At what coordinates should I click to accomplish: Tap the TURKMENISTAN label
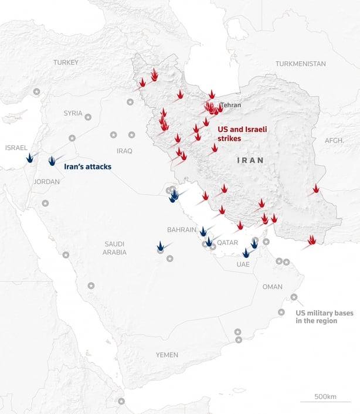(300, 63)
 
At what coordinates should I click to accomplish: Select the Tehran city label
(230, 106)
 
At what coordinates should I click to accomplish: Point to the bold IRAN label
(250, 160)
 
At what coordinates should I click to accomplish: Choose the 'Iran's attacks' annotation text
(87, 167)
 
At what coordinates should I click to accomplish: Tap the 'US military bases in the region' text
(324, 317)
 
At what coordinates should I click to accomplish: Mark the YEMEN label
(167, 355)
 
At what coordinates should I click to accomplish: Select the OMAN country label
(272, 287)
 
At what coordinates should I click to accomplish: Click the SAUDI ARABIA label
(115, 248)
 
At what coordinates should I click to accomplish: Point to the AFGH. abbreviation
(334, 141)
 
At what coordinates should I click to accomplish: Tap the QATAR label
(227, 242)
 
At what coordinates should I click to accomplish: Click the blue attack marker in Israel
(29, 158)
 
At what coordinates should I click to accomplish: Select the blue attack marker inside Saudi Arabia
(161, 247)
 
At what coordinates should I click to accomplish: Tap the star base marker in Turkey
(36, 91)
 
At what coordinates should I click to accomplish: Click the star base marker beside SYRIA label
(88, 117)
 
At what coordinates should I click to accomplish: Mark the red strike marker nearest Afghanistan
(316, 189)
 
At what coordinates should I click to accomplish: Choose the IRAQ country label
(124, 151)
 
